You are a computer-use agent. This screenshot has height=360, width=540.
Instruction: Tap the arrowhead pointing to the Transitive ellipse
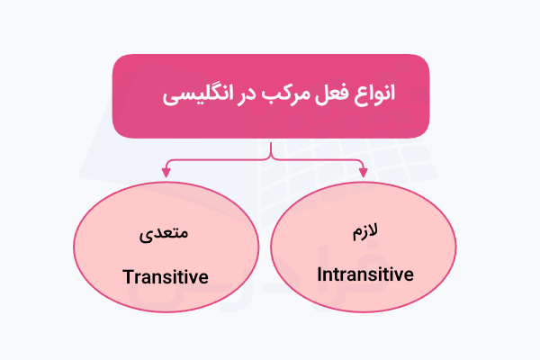pos(166,171)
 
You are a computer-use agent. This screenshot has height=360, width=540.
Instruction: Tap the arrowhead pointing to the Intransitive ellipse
pos(363,171)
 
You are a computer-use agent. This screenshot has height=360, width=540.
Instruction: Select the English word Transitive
pos(166,275)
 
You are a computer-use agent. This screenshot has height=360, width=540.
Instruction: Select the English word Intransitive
pos(366,274)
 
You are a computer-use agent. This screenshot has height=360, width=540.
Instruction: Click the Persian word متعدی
pos(166,237)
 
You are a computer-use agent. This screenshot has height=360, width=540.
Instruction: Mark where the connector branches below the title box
pos(270,157)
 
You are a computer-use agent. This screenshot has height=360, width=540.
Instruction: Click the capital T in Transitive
pos(127,275)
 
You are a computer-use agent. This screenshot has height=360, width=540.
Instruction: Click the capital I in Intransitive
pos(322,274)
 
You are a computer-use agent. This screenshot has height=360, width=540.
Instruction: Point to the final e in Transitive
pos(203,275)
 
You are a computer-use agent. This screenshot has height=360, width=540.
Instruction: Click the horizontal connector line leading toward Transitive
pos(216,159)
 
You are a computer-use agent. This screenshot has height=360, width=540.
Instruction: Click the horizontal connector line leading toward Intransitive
pos(319,159)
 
